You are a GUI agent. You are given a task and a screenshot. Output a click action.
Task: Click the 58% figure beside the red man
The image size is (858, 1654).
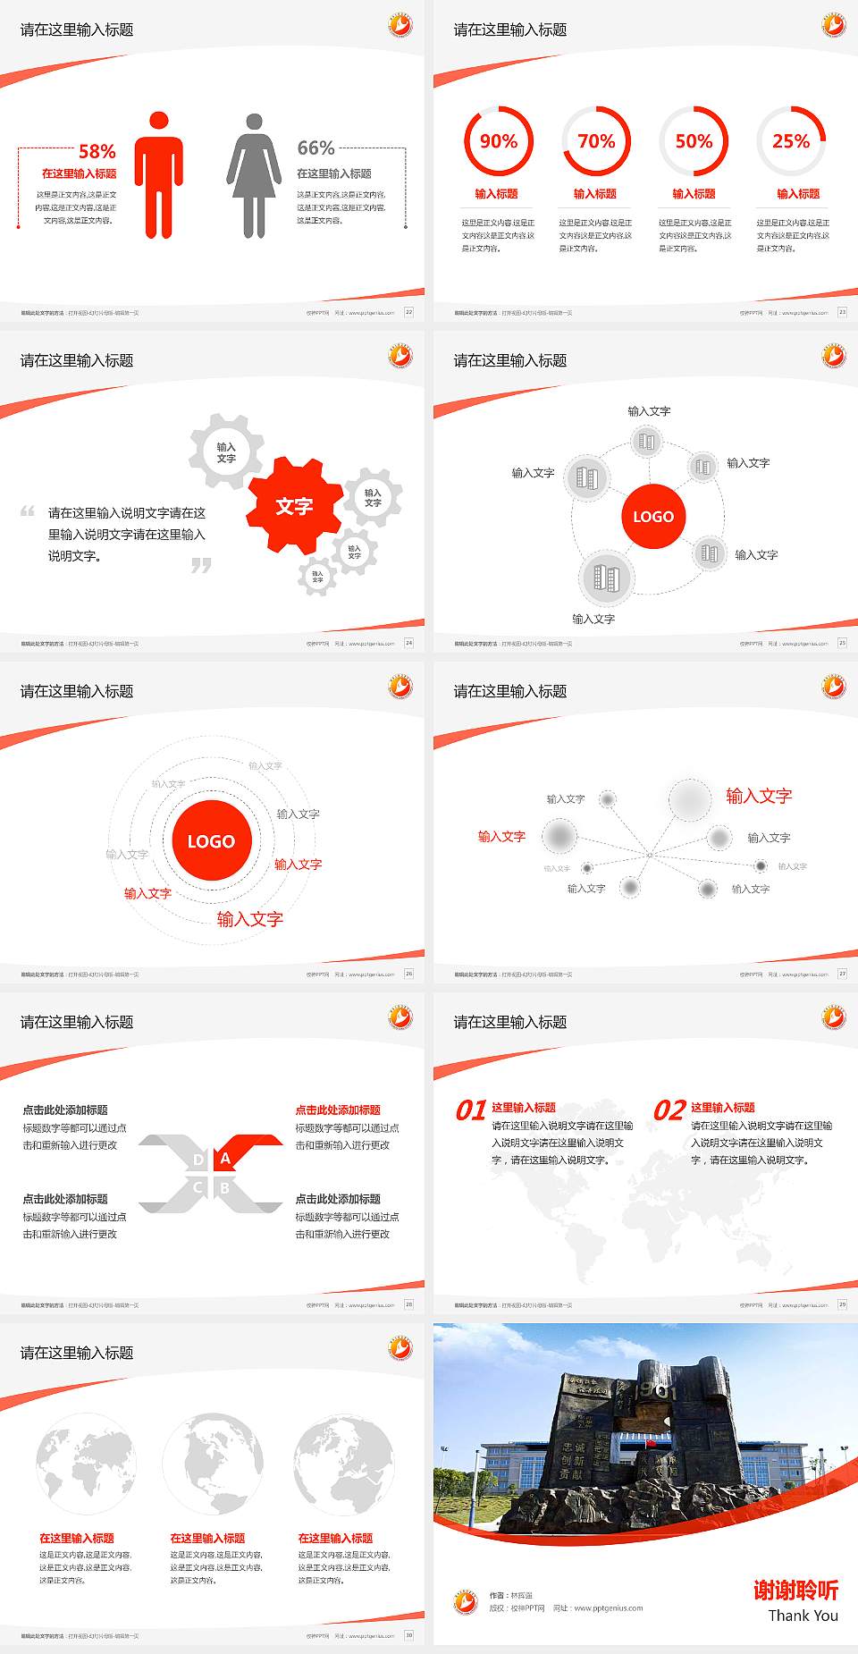point(97,151)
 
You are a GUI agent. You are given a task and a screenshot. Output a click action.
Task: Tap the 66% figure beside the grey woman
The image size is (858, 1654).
point(315,148)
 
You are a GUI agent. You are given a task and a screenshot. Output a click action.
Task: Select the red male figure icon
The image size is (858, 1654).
point(159,175)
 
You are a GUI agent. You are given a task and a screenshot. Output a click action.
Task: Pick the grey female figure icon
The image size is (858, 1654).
point(254,176)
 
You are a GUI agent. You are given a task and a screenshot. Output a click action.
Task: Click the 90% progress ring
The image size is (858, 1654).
point(498,141)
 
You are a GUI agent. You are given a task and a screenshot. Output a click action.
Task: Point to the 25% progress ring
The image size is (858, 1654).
point(791,141)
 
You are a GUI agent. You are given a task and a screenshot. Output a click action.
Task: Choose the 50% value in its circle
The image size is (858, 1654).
point(694,141)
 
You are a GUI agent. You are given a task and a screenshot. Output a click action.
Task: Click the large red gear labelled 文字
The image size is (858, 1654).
point(294,506)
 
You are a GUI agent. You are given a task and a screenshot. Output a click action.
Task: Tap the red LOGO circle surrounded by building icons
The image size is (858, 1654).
point(653,516)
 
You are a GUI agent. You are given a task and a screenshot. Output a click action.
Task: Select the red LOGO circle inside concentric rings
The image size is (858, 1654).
point(211,841)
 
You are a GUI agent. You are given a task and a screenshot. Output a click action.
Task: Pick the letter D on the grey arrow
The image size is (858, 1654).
point(198,1160)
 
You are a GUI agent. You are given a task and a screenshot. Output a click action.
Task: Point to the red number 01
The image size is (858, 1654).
point(471,1110)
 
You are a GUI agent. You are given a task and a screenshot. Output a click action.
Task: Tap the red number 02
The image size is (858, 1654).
point(669,1110)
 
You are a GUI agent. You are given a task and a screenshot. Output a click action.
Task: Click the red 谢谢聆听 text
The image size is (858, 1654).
point(795,1590)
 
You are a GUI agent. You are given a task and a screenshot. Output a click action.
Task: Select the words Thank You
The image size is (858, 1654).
point(803,1616)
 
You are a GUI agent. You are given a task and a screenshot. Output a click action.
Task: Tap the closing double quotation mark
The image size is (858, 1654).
point(201,565)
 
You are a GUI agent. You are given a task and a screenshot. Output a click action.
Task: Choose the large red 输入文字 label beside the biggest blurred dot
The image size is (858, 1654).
point(759,796)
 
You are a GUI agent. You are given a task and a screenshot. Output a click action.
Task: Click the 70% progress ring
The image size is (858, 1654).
point(596,141)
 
